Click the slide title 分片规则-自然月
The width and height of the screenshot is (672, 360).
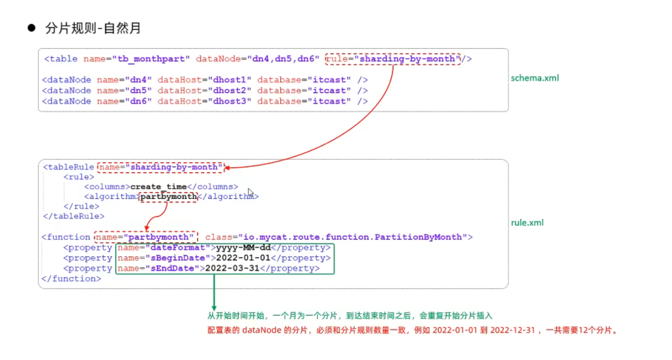pyautogui.click(x=93, y=28)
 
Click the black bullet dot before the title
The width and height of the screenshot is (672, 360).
pyautogui.click(x=30, y=28)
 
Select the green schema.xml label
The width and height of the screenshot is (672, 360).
pyautogui.click(x=534, y=78)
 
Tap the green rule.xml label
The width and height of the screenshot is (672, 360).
pyautogui.click(x=527, y=223)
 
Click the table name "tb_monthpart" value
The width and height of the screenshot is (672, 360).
pyautogui.click(x=153, y=59)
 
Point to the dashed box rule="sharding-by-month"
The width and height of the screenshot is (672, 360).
pyautogui.click(x=393, y=59)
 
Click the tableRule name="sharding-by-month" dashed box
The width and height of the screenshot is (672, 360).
pyautogui.click(x=160, y=167)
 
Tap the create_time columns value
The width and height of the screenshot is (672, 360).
pyautogui.click(x=154, y=187)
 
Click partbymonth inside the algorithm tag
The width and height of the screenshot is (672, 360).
pyautogui.click(x=169, y=196)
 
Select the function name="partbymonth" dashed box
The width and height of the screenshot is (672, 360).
pyautogui.click(x=146, y=237)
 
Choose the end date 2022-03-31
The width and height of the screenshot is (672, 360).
pyautogui.click(x=233, y=269)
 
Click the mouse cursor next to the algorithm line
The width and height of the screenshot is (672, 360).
pyautogui.click(x=251, y=193)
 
